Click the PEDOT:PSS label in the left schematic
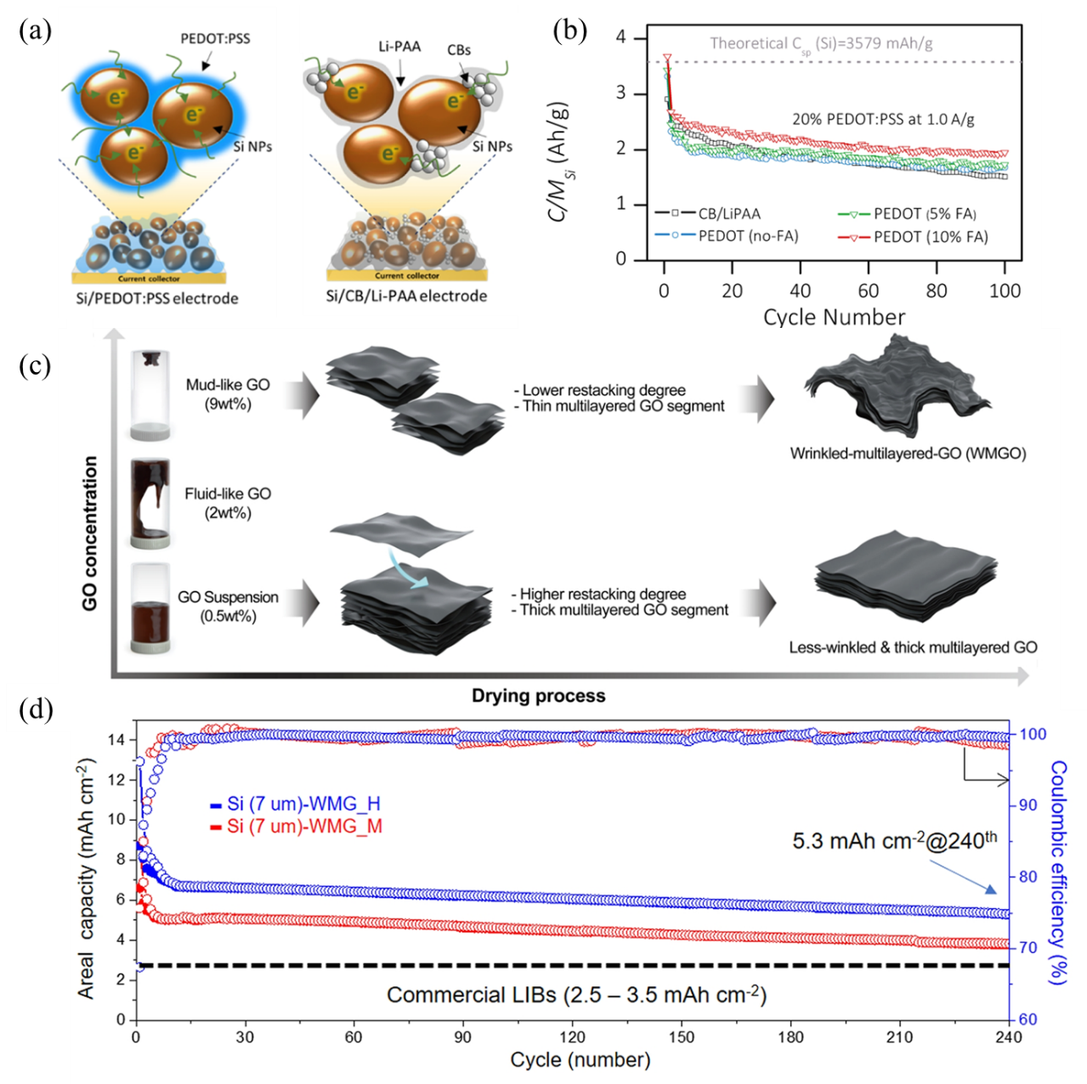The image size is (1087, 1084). (x=215, y=38)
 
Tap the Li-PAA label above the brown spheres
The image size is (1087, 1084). (x=399, y=46)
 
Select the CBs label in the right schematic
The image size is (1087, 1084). (x=459, y=50)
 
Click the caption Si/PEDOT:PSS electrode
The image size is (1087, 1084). (x=156, y=298)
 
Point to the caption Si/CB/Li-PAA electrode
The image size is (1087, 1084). (x=406, y=296)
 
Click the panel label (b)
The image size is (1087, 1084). (x=569, y=31)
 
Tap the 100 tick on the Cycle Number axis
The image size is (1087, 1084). (x=1005, y=291)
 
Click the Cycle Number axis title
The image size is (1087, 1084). (x=834, y=317)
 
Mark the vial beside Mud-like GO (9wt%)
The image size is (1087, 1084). (x=151, y=395)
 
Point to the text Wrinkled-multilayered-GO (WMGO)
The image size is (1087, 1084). (x=908, y=453)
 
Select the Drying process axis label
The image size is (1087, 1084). (x=539, y=696)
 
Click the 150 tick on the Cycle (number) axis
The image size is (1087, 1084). (x=682, y=1037)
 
